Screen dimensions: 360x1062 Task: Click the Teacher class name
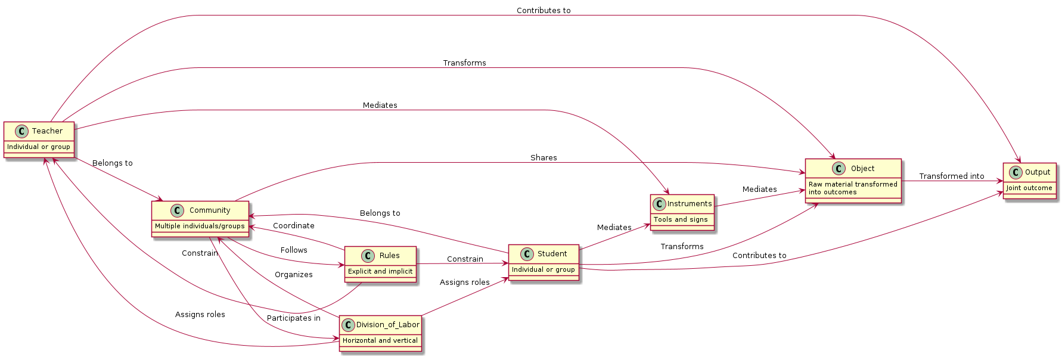pyautogui.click(x=47, y=131)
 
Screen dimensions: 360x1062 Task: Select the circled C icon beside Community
pyautogui.click(x=177, y=210)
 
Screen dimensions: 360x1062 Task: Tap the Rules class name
pyautogui.click(x=389, y=256)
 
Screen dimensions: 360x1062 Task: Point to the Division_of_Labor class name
pyautogui.click(x=387, y=325)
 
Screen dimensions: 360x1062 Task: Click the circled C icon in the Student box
pyautogui.click(x=527, y=254)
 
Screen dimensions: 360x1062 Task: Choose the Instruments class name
pyautogui.click(x=689, y=204)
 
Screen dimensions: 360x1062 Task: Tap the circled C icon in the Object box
pyautogui.click(x=839, y=169)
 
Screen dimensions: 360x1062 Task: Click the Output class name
pyautogui.click(x=1037, y=172)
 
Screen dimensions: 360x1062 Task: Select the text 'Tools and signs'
pyautogui.click(x=681, y=219)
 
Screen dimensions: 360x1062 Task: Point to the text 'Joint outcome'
pyautogui.click(x=1029, y=188)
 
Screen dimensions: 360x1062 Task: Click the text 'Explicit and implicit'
pyautogui.click(x=380, y=271)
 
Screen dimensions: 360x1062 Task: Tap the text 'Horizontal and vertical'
pyautogui.click(x=380, y=340)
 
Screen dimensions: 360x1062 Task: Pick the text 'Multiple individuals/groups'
pyautogui.click(x=200, y=226)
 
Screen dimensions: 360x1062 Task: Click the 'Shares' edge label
pyautogui.click(x=544, y=158)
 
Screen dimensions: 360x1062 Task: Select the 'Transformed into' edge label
pyautogui.click(x=951, y=176)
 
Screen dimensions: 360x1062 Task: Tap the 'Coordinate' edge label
pyautogui.click(x=293, y=226)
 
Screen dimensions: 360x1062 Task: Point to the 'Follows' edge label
pyautogui.click(x=294, y=250)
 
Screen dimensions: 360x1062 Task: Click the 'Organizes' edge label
pyautogui.click(x=293, y=275)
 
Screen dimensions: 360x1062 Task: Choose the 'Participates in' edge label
pyautogui.click(x=293, y=318)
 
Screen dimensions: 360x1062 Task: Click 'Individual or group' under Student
pyautogui.click(x=544, y=269)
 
